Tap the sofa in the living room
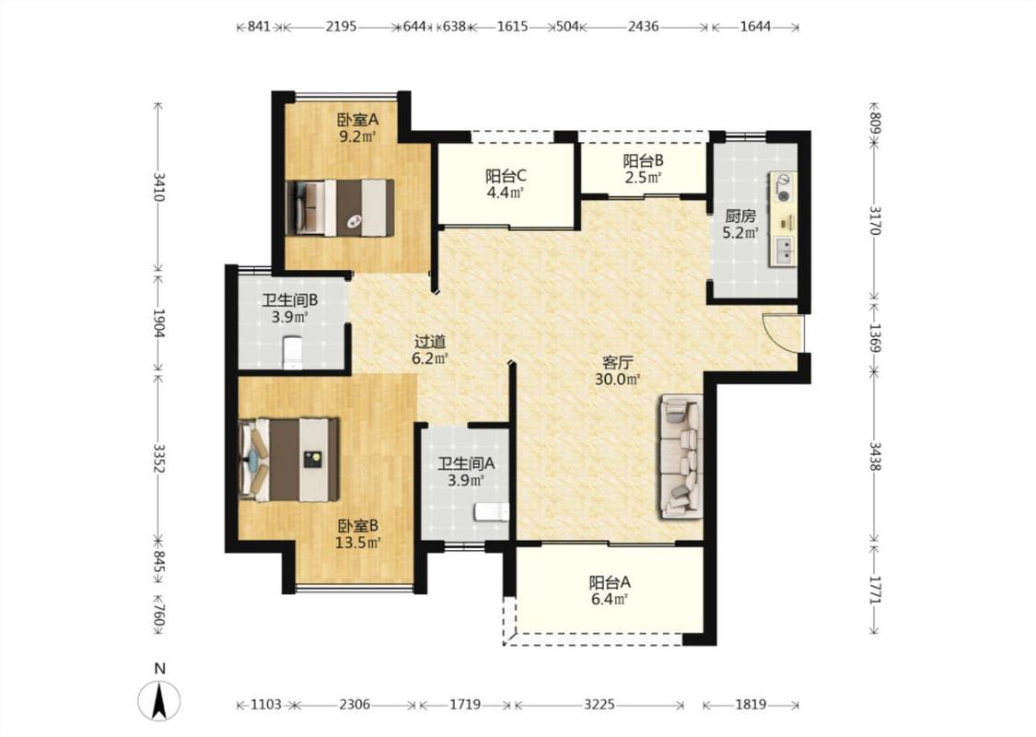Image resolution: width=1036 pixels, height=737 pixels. pos(680,457)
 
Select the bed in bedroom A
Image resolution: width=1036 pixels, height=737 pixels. pos(340,207)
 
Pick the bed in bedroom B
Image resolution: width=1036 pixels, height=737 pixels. pos(289,459)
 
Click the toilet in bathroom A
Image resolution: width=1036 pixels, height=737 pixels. pos(492,511)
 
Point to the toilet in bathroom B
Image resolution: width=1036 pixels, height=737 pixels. pos(292,352)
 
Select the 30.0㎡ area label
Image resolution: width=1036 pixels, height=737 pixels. pos(618,380)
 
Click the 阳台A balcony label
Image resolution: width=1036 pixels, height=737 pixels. pos(610,582)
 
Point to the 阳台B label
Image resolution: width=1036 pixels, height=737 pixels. pos(643,160)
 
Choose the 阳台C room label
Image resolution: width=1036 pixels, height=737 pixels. pos(506,176)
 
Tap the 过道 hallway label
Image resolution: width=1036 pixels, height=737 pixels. pos(430,342)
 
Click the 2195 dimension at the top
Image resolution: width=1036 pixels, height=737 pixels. pos(341,27)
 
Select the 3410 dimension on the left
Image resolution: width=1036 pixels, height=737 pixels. pos(158,187)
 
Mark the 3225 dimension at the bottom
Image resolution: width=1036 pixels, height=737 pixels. pos(599,705)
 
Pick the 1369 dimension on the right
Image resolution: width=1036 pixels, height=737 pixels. pos(874,338)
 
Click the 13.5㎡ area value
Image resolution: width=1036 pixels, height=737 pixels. pos(358,543)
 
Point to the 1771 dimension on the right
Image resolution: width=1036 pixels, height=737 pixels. pos(874,591)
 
